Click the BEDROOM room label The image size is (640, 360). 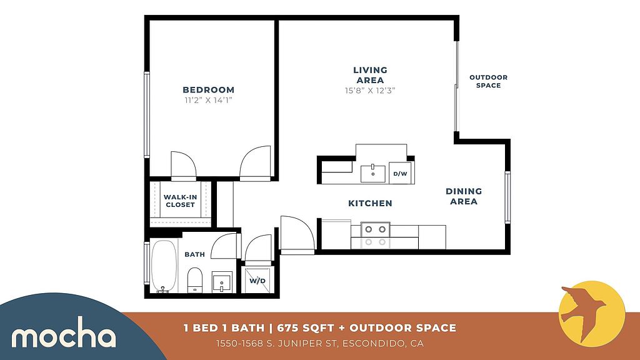(x=209, y=90)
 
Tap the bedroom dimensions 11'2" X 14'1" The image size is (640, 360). (x=209, y=100)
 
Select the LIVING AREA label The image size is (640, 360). (x=370, y=75)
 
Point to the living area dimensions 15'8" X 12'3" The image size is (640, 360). (x=370, y=91)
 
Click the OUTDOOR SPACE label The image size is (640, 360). (x=489, y=81)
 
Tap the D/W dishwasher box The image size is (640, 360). (x=400, y=173)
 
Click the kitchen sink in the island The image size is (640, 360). (x=372, y=174)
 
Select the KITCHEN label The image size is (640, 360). (x=370, y=203)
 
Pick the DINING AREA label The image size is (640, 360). (x=464, y=196)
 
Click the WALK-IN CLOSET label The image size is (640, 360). (x=181, y=201)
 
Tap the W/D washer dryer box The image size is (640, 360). (x=257, y=281)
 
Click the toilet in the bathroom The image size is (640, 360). (x=195, y=280)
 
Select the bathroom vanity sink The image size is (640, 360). (x=222, y=282)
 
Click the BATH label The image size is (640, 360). (x=195, y=254)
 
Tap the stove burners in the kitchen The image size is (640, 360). (x=376, y=236)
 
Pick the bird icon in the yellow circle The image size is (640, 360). (x=584, y=311)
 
